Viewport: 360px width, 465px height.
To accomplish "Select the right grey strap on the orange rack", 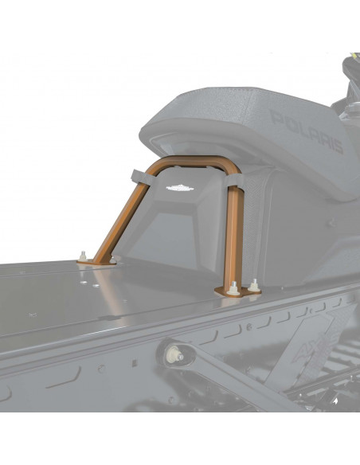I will pyautogui.click(x=233, y=186).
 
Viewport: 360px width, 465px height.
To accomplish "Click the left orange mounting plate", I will pyautogui.click(x=96, y=260).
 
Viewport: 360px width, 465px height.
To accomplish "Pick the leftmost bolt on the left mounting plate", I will pyautogui.click(x=82, y=256).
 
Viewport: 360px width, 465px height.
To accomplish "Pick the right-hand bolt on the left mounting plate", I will pyautogui.click(x=112, y=259).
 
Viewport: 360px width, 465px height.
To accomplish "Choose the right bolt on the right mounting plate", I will pyautogui.click(x=254, y=283).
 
